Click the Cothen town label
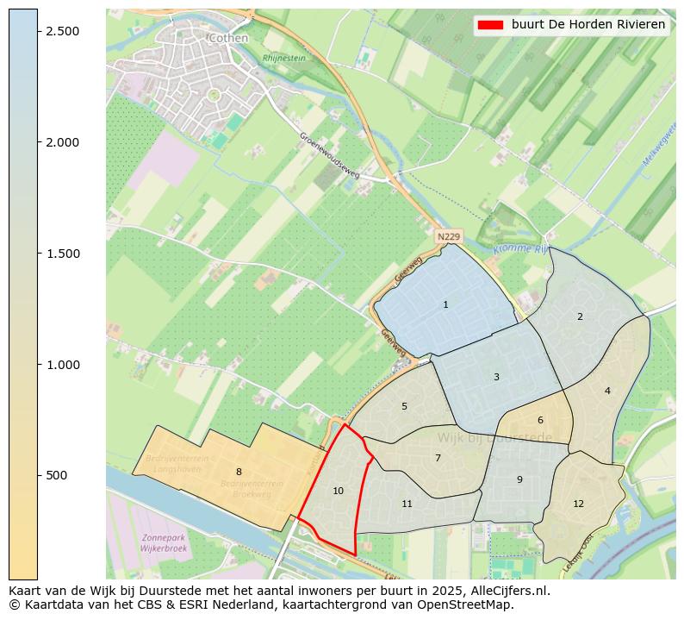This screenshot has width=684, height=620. pyautogui.click(x=228, y=38)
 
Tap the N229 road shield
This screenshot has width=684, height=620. pyautogui.click(x=448, y=236)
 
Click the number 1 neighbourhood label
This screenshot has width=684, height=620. pyautogui.click(x=445, y=304)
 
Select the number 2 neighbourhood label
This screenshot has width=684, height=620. pyautogui.click(x=580, y=316)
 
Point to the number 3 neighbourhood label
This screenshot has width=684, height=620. pyautogui.click(x=496, y=377)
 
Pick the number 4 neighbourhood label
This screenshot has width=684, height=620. pyautogui.click(x=607, y=391)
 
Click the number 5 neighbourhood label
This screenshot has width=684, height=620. pyautogui.click(x=404, y=406)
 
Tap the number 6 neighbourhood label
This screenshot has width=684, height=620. pyautogui.click(x=540, y=420)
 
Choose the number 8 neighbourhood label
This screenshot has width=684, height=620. pyautogui.click(x=239, y=472)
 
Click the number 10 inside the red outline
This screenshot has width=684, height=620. pyautogui.click(x=338, y=491)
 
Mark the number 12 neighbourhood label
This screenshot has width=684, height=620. pyautogui.click(x=578, y=504)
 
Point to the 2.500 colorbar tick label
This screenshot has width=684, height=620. pyautogui.click(x=63, y=31)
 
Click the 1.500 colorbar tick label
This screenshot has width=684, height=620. pyautogui.click(x=63, y=254)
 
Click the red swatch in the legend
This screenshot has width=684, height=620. pyautogui.click(x=490, y=25)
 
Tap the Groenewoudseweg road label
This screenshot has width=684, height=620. pyautogui.click(x=332, y=157)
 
